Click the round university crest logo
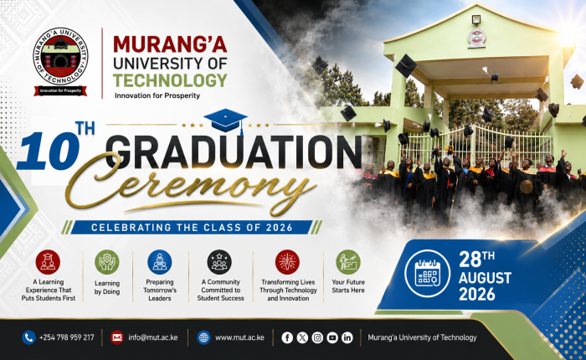(60, 56)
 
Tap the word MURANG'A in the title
(170, 44)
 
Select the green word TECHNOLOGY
(170, 80)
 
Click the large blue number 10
(48, 151)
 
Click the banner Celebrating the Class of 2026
(192, 227)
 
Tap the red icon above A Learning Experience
(48, 262)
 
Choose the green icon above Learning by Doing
(107, 262)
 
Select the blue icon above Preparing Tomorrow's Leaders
(160, 262)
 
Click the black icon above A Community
(219, 262)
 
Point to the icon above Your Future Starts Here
(348, 262)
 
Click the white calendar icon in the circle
(428, 274)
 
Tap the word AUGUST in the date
(485, 278)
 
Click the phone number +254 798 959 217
(66, 337)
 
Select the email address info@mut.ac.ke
(153, 337)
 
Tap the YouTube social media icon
(332, 337)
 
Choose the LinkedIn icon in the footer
(347, 337)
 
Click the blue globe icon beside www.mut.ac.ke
(203, 337)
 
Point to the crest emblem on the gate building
(477, 38)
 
